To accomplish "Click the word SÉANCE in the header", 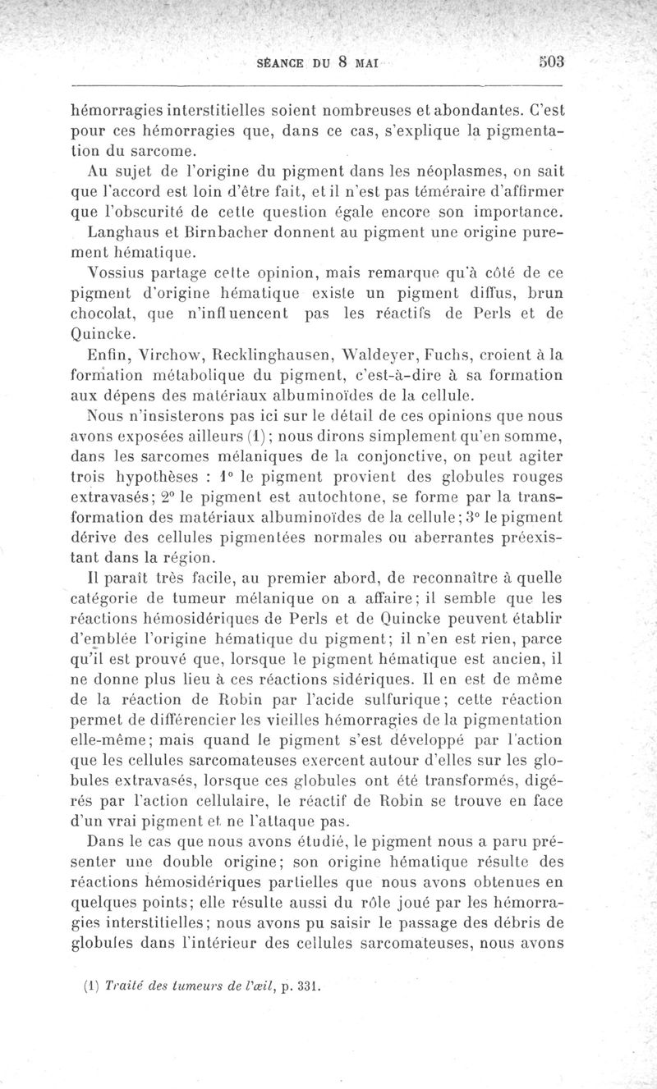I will pyautogui.click(x=282, y=64).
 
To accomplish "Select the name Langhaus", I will pyautogui.click(x=123, y=233).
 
